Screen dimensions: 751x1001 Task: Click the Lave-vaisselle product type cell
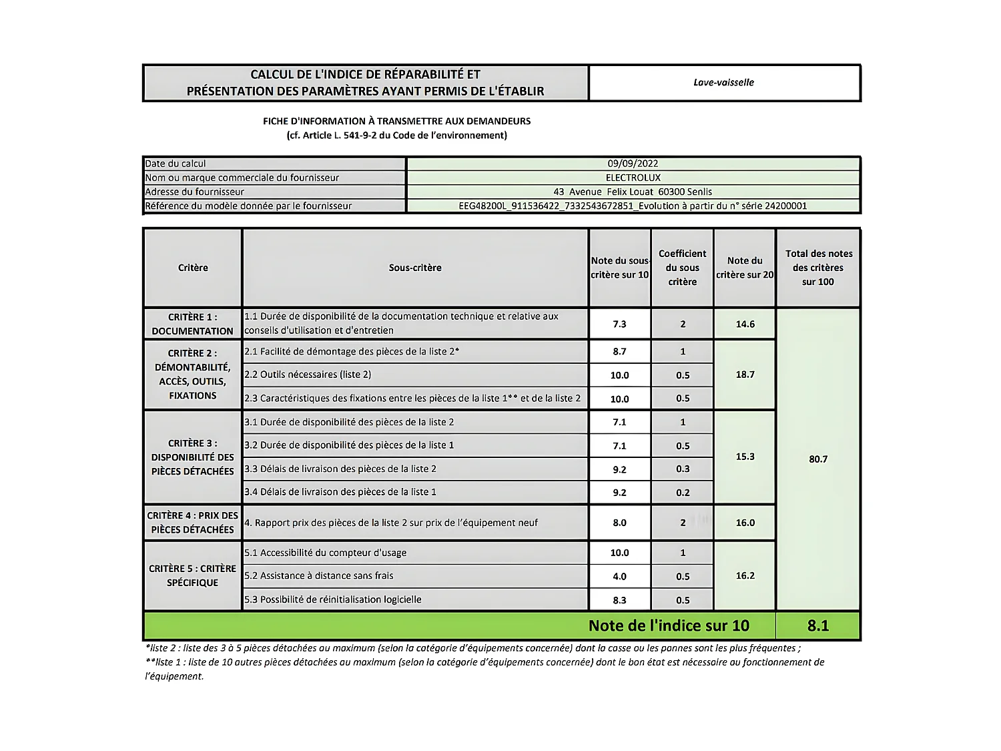coord(723,83)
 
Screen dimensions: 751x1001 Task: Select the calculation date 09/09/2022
coord(633,164)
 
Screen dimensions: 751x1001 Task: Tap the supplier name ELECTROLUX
coord(633,178)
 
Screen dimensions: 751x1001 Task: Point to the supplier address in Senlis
coord(633,192)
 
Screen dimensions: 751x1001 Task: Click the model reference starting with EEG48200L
coord(633,206)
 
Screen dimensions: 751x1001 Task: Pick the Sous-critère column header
coord(415,268)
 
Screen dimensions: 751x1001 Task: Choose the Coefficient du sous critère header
coord(682,268)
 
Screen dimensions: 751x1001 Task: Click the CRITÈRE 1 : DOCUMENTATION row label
coord(192,324)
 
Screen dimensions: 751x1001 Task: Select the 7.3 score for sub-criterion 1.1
coord(619,324)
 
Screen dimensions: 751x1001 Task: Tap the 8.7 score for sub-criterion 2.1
coord(619,352)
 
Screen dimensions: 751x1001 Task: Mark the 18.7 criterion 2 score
coord(745,374)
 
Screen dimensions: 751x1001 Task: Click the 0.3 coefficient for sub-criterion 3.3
coord(683,469)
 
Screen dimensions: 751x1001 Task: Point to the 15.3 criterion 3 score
coord(745,457)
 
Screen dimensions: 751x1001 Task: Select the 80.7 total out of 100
coord(818,459)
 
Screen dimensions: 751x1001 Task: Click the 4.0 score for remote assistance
coord(619,577)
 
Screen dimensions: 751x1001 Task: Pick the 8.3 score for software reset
coord(619,600)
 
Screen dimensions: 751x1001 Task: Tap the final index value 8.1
coord(818,625)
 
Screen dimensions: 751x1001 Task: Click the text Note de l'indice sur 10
coord(669,625)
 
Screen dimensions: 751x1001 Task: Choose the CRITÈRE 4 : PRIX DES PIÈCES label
coord(192,523)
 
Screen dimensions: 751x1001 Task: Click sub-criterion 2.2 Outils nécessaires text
coord(308,375)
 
